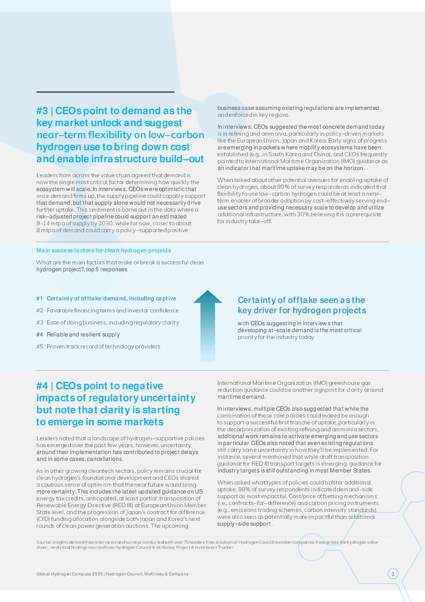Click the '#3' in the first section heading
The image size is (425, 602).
pos(42,111)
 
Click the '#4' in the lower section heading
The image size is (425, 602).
pos(42,386)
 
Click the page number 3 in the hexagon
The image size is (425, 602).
pos(393,574)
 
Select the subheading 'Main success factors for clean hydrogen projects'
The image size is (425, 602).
pos(104,251)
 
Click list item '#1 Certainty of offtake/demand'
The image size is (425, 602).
pos(106,299)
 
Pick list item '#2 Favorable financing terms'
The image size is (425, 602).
pos(108,311)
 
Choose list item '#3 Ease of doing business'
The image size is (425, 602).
pos(108,323)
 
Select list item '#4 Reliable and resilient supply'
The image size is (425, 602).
pos(78,335)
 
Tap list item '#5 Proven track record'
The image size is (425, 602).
pos(98,347)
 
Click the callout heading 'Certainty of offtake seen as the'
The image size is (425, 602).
pos(301,300)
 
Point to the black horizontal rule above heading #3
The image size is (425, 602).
pos(105,92)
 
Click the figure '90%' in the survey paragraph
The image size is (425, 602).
pos(284,187)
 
